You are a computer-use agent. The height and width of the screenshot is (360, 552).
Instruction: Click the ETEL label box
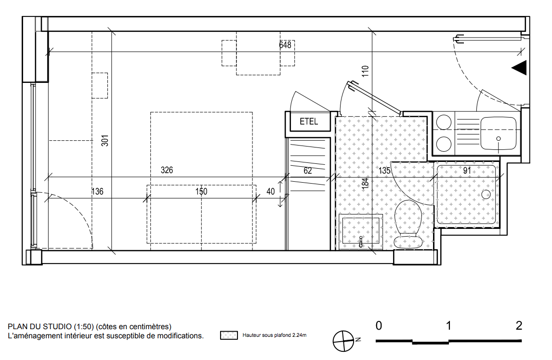click(x=309, y=121)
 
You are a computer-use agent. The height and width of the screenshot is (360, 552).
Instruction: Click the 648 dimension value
click(x=285, y=45)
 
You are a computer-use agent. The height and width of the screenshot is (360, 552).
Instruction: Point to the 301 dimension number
click(x=105, y=141)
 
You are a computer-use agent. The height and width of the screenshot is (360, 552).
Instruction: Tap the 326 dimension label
click(x=167, y=170)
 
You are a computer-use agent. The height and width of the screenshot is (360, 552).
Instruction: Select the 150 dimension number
click(x=201, y=192)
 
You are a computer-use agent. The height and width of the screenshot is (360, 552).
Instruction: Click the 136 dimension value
click(x=97, y=192)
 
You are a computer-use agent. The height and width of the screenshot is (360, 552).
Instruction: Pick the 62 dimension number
click(x=308, y=171)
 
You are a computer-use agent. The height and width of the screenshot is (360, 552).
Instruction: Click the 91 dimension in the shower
click(x=467, y=171)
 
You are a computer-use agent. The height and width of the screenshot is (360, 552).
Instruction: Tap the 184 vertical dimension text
click(x=366, y=183)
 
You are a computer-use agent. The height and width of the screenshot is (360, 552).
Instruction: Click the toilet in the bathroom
click(x=408, y=224)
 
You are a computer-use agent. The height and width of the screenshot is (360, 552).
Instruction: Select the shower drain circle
click(x=486, y=194)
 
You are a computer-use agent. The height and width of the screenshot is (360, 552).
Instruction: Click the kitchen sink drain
click(x=499, y=139)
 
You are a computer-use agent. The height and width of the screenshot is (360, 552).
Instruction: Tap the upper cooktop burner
click(x=444, y=122)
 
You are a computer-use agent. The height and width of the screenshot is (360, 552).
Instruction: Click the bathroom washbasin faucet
click(x=360, y=242)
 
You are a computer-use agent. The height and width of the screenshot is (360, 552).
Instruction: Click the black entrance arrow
click(x=519, y=67)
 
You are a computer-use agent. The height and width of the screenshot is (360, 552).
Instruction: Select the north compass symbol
click(x=343, y=341)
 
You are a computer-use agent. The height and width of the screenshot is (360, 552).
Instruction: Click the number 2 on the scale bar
click(x=519, y=325)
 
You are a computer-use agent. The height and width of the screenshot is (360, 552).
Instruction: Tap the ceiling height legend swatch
click(x=229, y=335)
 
